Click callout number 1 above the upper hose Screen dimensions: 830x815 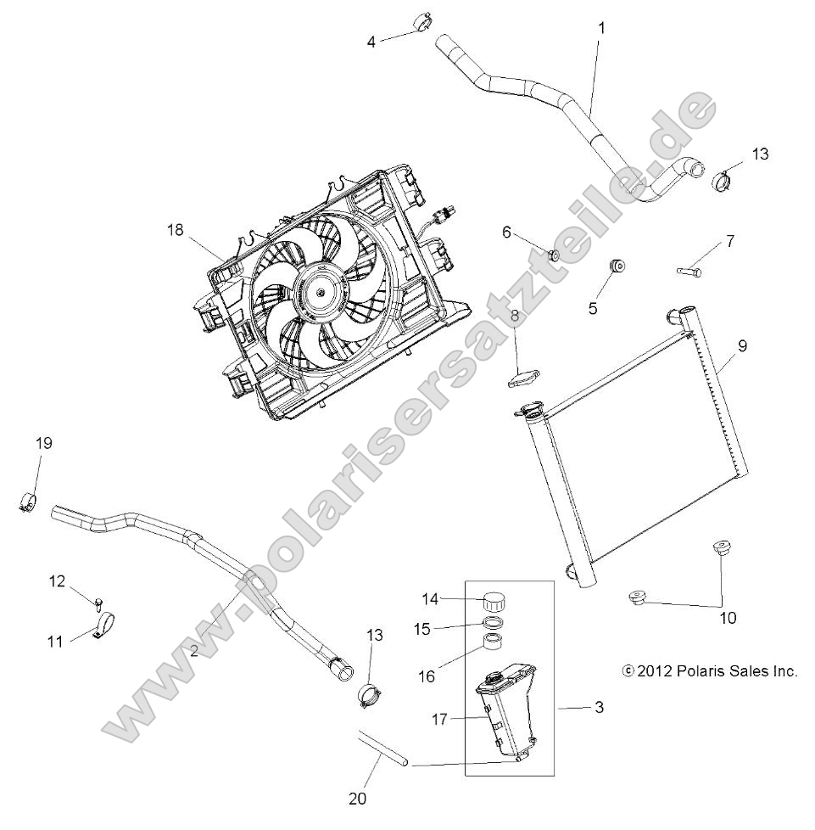(601, 28)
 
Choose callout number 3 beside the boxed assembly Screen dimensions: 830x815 (599, 707)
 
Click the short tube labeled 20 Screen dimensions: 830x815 (382, 748)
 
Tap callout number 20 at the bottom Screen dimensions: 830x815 (357, 799)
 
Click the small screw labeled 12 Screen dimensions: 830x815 (99, 604)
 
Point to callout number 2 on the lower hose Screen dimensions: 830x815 (194, 651)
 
